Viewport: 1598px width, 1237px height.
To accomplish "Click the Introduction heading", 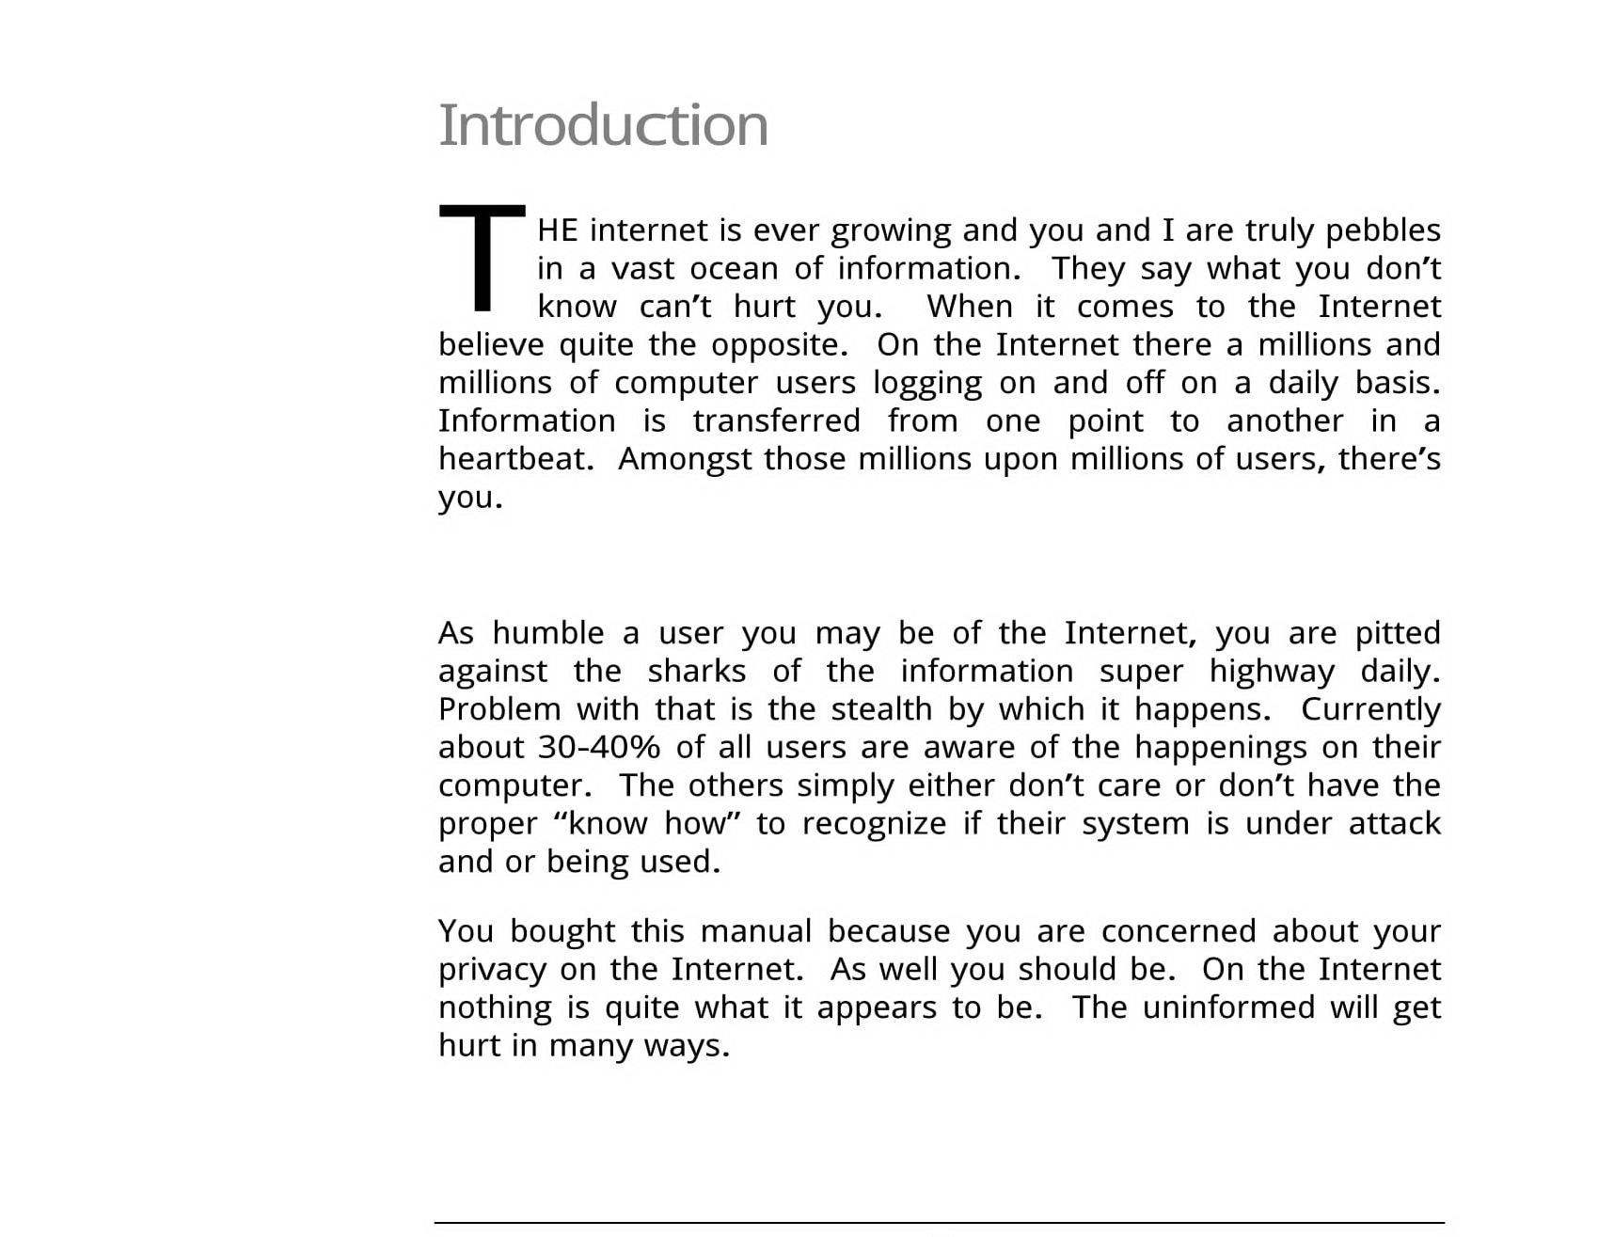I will pyautogui.click(x=603, y=124).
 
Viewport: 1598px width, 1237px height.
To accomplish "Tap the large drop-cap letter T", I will pyautogui.click(x=482, y=257).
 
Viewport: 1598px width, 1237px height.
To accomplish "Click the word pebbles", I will pyautogui.click(x=1383, y=230).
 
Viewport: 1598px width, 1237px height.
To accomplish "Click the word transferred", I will pyautogui.click(x=776, y=421).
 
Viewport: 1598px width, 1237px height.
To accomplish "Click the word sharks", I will pyautogui.click(x=696, y=672).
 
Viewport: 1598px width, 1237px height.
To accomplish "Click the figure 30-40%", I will pyautogui.click(x=599, y=748).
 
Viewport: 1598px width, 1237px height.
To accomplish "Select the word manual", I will pyautogui.click(x=755, y=931).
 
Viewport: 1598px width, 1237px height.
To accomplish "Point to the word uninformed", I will pyautogui.click(x=1227, y=1007).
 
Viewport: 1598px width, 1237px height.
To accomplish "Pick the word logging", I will pyautogui.click(x=926, y=384).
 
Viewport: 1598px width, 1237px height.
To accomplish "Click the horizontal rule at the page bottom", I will pyautogui.click(x=939, y=1223).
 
